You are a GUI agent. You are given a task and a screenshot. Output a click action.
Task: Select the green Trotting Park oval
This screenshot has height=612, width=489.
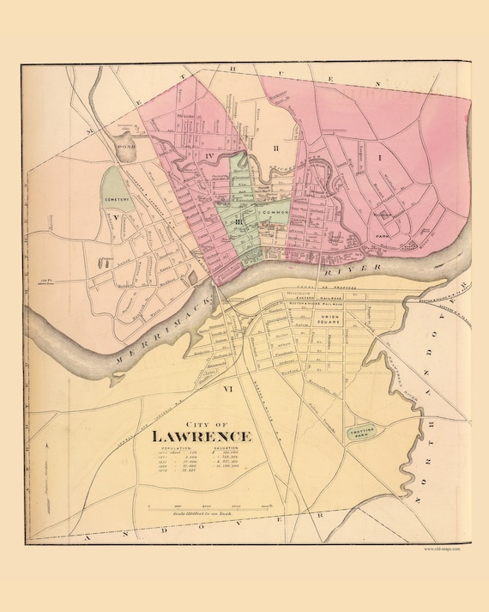click(361, 434)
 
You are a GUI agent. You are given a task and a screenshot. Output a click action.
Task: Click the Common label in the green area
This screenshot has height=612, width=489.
click(275, 210)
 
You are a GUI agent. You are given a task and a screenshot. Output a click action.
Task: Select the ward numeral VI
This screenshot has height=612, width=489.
click(228, 390)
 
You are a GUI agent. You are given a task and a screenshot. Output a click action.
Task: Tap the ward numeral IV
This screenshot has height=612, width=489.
click(209, 156)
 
